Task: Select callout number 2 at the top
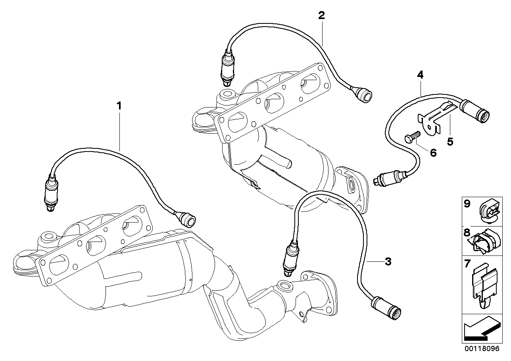pos(321,15)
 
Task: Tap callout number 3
pos(388,261)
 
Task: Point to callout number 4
pos(420,75)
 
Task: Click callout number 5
pos(450,142)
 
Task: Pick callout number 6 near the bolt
pos(433,152)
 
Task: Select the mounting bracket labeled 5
pos(431,121)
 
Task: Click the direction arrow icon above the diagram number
pos(481,329)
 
